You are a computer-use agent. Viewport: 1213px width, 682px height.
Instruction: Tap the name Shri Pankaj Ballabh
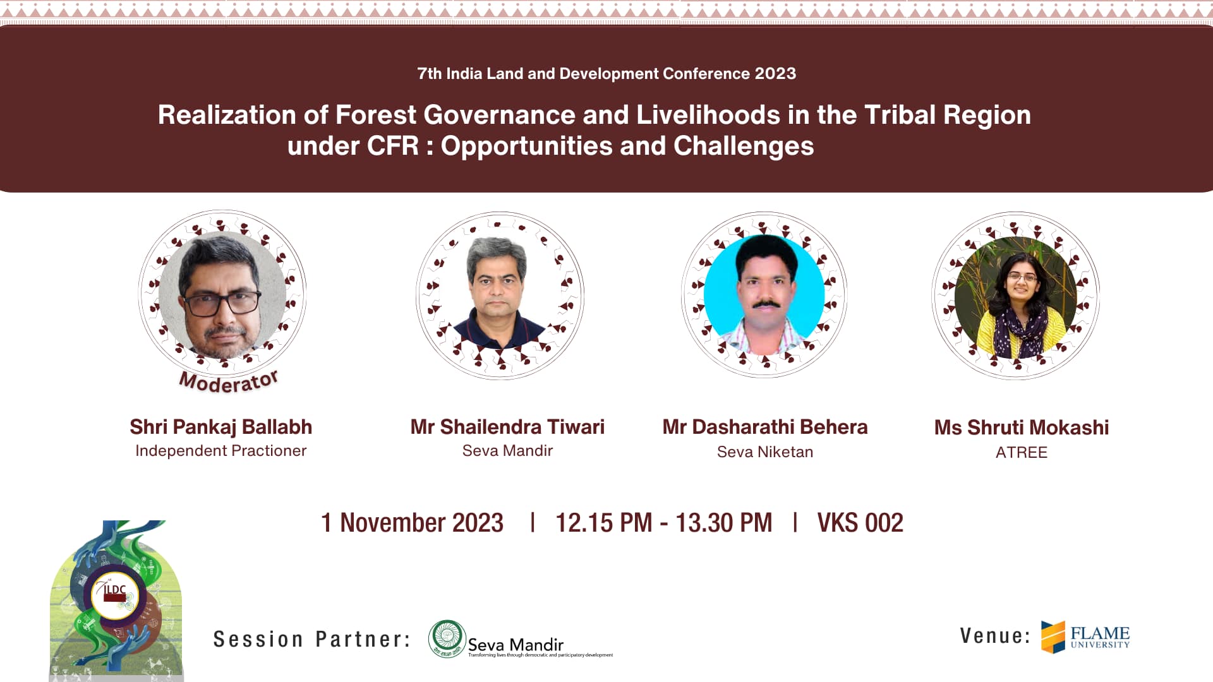(x=221, y=427)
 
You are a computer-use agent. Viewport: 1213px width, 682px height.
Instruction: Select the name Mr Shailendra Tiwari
(x=507, y=427)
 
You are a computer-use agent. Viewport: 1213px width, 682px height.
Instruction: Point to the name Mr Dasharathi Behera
(x=765, y=427)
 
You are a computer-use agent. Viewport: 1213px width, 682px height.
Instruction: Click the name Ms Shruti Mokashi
(x=1022, y=428)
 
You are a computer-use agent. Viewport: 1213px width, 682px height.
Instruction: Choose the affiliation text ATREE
(x=1022, y=452)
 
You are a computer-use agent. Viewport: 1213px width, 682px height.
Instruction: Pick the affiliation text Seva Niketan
(x=765, y=452)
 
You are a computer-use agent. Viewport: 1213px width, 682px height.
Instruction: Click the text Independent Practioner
(x=221, y=450)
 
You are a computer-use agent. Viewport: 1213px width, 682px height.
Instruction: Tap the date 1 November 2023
(x=412, y=523)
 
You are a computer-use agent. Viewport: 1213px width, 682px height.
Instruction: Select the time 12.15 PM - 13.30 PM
(x=664, y=523)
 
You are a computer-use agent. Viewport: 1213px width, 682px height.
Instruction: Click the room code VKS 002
(x=860, y=523)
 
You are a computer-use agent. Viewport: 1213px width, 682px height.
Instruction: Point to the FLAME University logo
(x=1085, y=637)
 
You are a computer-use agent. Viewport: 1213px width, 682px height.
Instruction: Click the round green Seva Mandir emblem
(x=447, y=639)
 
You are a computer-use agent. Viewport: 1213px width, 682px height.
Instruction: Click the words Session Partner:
(x=312, y=639)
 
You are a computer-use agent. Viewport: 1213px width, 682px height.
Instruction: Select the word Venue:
(x=995, y=636)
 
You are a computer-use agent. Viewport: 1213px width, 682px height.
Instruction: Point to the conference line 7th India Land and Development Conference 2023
(x=606, y=73)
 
